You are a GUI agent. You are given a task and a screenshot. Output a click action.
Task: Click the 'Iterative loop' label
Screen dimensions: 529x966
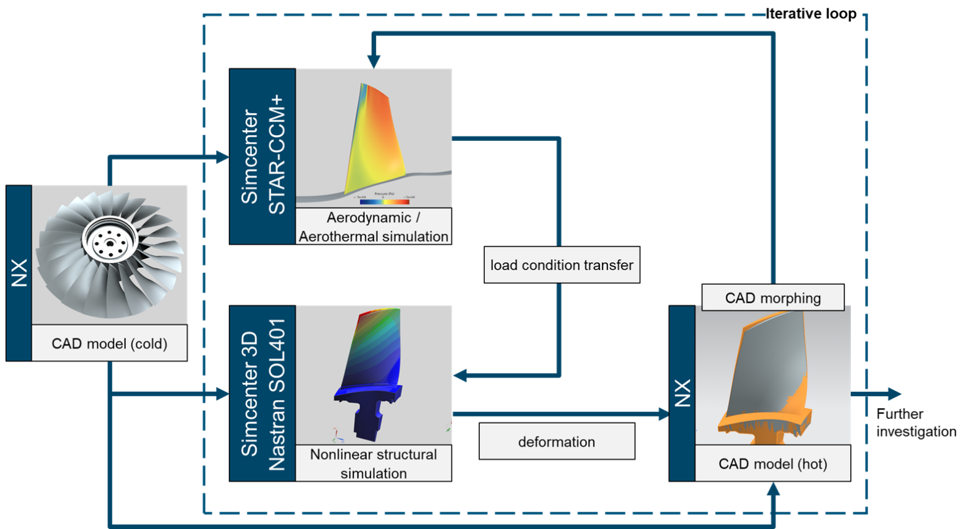(811, 14)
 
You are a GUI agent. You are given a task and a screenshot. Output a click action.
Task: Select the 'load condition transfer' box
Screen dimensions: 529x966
(562, 265)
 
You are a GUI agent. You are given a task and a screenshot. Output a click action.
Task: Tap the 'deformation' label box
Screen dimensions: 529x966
(557, 442)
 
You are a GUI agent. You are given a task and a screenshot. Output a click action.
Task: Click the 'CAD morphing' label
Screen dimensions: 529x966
(773, 298)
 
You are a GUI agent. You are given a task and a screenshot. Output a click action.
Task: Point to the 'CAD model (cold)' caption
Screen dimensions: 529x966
(109, 343)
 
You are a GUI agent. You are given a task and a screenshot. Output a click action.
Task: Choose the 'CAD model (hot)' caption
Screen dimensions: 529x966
(772, 464)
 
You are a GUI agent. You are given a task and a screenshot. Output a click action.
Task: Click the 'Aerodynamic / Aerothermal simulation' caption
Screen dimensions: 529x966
(374, 226)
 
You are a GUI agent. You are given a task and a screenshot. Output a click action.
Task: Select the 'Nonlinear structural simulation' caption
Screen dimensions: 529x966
(374, 464)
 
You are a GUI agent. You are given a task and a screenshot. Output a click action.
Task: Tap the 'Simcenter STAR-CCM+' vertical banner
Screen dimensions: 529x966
(263, 156)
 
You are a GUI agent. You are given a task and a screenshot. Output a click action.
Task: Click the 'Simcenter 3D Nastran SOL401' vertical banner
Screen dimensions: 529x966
(263, 394)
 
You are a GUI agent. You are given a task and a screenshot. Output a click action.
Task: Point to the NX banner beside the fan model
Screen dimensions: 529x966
(19, 273)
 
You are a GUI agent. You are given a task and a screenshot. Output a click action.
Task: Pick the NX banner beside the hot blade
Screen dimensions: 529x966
(682, 394)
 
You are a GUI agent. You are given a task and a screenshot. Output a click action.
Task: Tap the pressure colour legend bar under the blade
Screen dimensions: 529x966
(384, 201)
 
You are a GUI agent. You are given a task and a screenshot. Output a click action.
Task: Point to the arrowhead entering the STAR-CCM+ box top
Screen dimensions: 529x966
(374, 61)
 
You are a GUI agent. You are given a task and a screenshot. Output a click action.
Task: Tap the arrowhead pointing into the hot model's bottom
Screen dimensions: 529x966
(774, 491)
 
